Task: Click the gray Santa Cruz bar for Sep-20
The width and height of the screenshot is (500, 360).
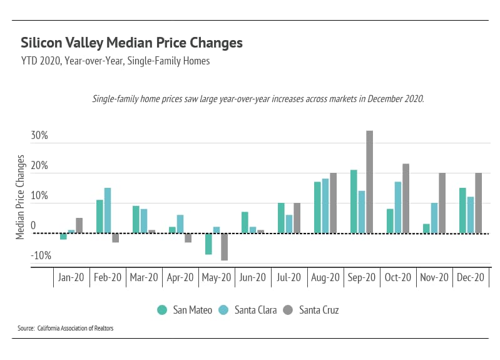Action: click(x=369, y=182)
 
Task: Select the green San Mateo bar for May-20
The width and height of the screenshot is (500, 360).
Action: click(x=208, y=244)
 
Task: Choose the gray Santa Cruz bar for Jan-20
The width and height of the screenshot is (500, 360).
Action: click(x=79, y=225)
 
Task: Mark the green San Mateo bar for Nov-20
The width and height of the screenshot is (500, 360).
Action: click(x=426, y=229)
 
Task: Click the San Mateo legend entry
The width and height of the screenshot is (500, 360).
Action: click(x=185, y=310)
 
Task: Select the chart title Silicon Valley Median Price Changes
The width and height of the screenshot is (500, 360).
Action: click(x=131, y=43)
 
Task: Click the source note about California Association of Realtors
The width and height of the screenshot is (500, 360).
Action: click(x=66, y=328)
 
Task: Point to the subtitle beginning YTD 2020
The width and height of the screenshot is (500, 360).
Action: click(x=115, y=61)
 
